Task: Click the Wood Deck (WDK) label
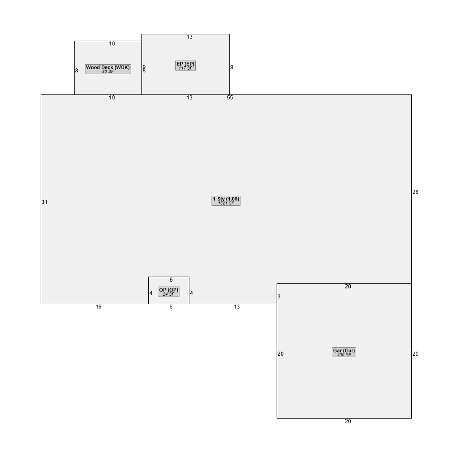pos(108,69)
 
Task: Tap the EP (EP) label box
pos(185,66)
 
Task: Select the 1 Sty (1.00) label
pos(226,201)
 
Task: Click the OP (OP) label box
pos(169,292)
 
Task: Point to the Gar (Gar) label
pos(344,352)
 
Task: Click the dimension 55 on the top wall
pos(230,98)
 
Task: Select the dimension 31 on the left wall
pos(44,202)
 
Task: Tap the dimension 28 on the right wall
pos(415,192)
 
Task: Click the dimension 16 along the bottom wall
pos(99,307)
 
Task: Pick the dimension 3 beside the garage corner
pos(279,297)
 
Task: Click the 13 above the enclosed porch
pos(189,37)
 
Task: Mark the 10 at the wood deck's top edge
pos(112,43)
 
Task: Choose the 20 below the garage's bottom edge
pos(348,421)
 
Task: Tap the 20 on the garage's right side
pos(415,354)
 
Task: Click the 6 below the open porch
pos(171,307)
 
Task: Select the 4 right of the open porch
pos(191,293)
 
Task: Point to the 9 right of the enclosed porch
pos(232,67)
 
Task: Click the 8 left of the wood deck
pos(76,71)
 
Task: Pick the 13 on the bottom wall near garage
pos(237,307)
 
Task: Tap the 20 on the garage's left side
pos(281,354)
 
